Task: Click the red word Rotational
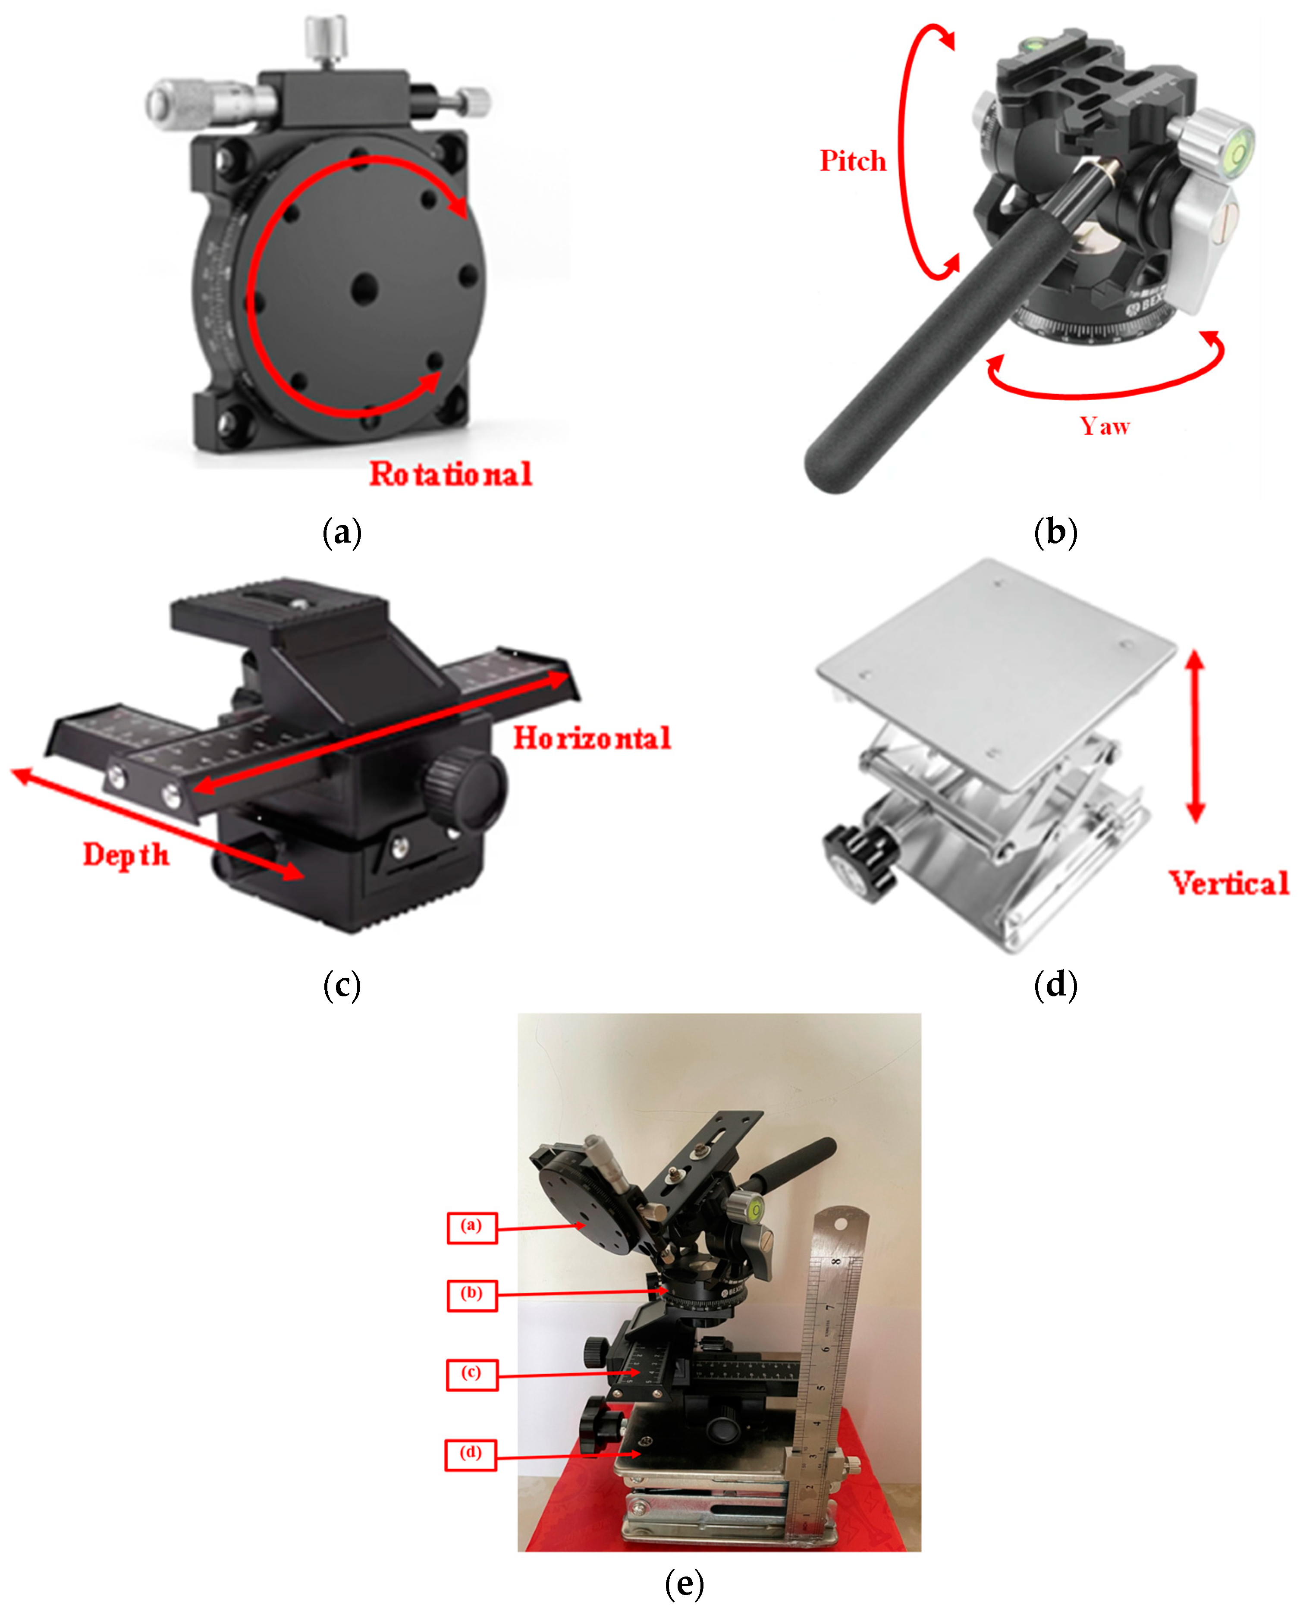pyautogui.click(x=450, y=474)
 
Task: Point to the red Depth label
pyautogui.click(x=126, y=855)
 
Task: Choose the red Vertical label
pyautogui.click(x=1228, y=884)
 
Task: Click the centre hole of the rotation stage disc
pyautogui.click(x=365, y=286)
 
